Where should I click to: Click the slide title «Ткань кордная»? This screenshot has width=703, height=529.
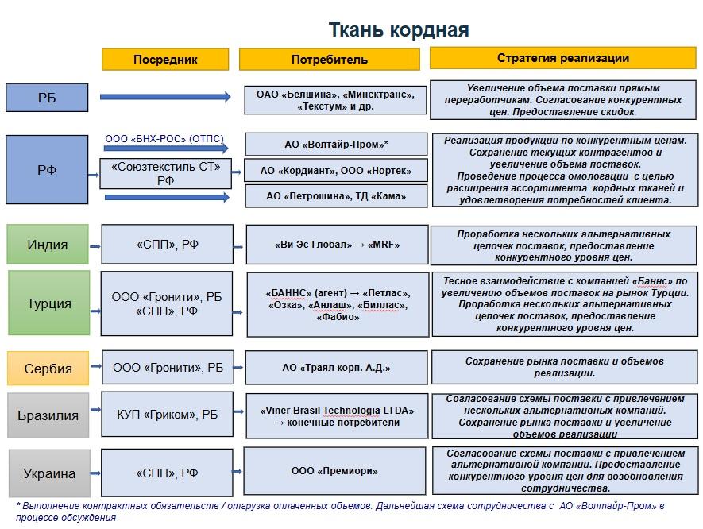pyautogui.click(x=399, y=30)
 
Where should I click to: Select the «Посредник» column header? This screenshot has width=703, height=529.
pyautogui.click(x=165, y=60)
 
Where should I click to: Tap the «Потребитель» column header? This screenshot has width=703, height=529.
pyautogui.click(x=329, y=60)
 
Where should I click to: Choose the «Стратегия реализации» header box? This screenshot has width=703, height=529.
pyautogui.click(x=563, y=58)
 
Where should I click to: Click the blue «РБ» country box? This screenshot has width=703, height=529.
pyautogui.click(x=47, y=97)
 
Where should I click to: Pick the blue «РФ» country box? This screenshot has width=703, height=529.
pyautogui.click(x=47, y=169)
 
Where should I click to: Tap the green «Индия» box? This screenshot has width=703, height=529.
pyautogui.click(x=48, y=245)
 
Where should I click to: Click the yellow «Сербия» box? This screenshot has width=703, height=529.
pyautogui.click(x=48, y=369)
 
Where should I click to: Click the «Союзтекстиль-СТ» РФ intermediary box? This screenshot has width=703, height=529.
pyautogui.click(x=166, y=173)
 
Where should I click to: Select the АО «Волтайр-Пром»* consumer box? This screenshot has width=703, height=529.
pyautogui.click(x=336, y=145)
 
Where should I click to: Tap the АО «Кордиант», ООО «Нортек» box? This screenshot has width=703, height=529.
pyautogui.click(x=336, y=171)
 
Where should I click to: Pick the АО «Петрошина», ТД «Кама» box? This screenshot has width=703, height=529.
pyautogui.click(x=336, y=196)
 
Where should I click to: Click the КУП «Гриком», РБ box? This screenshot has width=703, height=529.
pyautogui.click(x=167, y=415)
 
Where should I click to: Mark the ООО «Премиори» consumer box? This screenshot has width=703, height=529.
pyautogui.click(x=334, y=471)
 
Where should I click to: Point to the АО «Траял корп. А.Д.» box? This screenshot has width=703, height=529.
pyautogui.click(x=336, y=368)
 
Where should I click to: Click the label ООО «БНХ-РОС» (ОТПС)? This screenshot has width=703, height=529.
pyautogui.click(x=164, y=139)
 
